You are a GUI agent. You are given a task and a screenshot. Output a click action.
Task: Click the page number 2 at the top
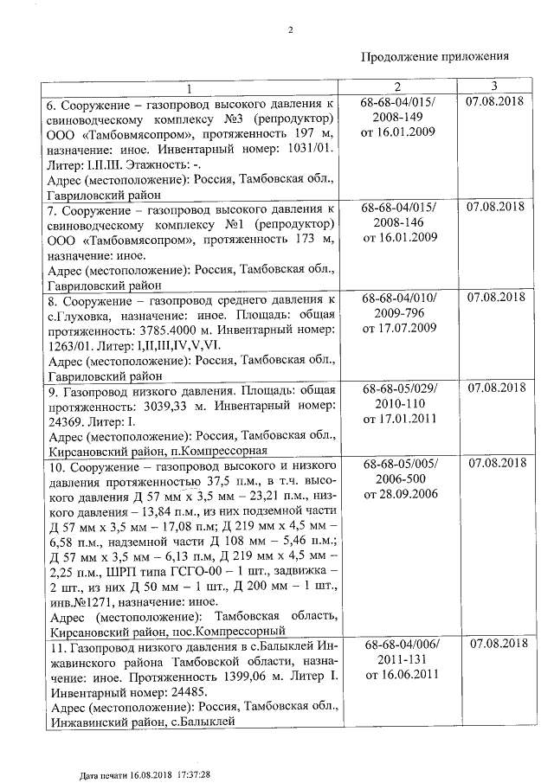click(x=291, y=31)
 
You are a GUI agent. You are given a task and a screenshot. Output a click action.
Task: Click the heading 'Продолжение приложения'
click(x=434, y=56)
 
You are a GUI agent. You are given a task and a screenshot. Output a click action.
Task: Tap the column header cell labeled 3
click(x=493, y=87)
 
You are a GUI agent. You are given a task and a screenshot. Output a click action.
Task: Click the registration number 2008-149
click(x=398, y=118)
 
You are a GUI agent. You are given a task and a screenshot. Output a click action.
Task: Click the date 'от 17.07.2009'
click(x=398, y=329)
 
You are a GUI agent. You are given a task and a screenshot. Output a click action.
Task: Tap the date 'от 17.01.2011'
click(x=398, y=419)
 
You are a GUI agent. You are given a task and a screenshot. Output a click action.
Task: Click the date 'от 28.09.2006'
click(x=398, y=494)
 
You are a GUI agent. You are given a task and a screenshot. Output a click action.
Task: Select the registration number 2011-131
click(x=398, y=659)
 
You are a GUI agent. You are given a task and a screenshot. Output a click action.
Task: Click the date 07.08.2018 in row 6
click(x=495, y=103)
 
